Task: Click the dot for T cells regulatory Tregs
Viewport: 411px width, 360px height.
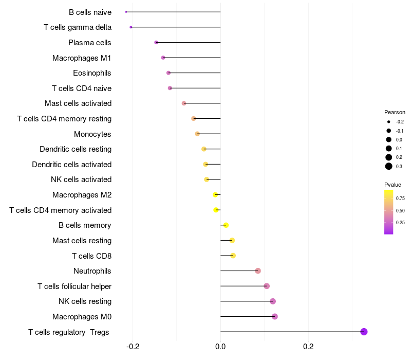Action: [x=364, y=332]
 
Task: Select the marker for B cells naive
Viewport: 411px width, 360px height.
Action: [x=126, y=12]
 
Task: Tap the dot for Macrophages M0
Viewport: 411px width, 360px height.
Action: [x=275, y=316]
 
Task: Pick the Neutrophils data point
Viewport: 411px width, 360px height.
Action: [x=258, y=271]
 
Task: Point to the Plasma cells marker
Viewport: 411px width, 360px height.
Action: [x=156, y=42]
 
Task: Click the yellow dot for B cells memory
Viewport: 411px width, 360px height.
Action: [x=226, y=225]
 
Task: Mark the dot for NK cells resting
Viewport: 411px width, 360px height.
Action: [x=273, y=301]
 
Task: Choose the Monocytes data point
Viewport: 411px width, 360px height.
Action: [x=197, y=134]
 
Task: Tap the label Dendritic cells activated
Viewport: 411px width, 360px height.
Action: [x=71, y=165]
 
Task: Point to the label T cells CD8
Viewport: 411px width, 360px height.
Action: [x=91, y=256]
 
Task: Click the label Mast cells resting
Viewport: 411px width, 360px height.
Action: [x=82, y=241]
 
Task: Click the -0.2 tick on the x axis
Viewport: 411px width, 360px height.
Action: [x=133, y=347]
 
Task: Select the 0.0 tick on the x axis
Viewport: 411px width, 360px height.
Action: [x=220, y=347]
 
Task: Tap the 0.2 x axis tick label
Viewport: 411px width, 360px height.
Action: [x=308, y=347]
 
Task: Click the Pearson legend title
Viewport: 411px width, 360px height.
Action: [x=395, y=112]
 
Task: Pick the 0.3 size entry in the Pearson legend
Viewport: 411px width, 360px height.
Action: [x=389, y=166]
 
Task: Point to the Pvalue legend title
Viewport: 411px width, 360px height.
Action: [x=393, y=185]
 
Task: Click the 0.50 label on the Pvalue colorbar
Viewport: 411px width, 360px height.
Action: [x=400, y=210]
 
